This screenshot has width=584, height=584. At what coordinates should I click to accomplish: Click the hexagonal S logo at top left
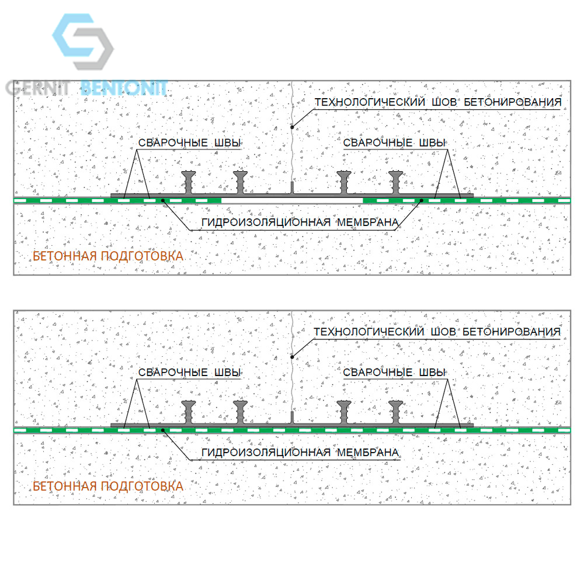83,41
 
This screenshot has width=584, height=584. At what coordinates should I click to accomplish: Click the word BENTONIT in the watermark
124,88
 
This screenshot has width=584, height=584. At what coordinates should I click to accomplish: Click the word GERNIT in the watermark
38,88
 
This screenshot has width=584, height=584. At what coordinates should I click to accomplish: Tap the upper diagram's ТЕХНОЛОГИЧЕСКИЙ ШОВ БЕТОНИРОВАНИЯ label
438,102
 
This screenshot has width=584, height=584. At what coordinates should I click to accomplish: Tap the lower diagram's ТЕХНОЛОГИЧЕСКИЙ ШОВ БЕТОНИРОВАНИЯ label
437,332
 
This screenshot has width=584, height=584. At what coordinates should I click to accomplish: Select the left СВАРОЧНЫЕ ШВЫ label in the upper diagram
190,142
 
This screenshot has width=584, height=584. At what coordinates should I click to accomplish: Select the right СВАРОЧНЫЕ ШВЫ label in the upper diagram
394,142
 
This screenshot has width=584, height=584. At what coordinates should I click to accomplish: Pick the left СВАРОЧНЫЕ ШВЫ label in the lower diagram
190,372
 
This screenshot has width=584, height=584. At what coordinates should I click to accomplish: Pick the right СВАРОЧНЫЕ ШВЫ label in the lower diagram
394,372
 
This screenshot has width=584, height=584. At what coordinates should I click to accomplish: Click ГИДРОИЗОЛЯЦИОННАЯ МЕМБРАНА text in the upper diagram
300,223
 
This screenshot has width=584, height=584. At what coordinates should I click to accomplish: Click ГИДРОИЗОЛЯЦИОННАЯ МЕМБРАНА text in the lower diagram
300,452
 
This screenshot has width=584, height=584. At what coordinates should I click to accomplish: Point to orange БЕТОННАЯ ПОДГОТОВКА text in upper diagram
108,256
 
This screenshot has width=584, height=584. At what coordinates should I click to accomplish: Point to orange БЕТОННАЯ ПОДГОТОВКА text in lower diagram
108,486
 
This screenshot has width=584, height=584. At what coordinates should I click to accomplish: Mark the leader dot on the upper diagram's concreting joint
293,127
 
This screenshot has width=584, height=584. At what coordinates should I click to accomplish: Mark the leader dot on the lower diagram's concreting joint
293,357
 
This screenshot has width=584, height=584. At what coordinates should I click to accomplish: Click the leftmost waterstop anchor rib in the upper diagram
189,182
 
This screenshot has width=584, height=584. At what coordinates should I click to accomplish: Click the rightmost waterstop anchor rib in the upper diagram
395,182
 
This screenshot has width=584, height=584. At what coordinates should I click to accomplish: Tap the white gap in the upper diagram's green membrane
293,200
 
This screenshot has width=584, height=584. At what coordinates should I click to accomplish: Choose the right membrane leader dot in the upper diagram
421,201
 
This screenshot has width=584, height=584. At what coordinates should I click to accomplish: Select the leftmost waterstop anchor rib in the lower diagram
189,412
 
